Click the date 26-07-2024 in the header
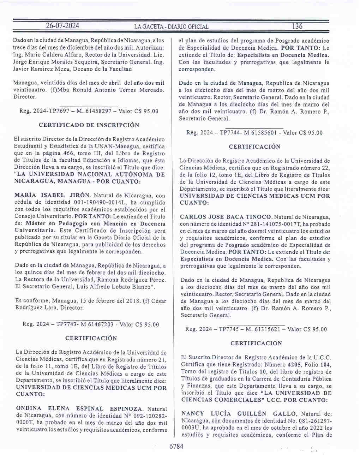[x=62, y=26]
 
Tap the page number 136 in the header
[x=297, y=26]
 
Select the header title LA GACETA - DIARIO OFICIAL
[x=171, y=26]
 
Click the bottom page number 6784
[x=176, y=446]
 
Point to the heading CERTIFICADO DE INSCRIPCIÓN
[x=89, y=125]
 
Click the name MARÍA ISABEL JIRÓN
[x=52, y=195]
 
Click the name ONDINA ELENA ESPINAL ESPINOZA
[x=79, y=408]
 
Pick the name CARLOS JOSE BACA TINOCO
[x=226, y=217]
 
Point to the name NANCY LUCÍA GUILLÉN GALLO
[x=239, y=414]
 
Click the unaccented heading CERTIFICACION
[x=256, y=343]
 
